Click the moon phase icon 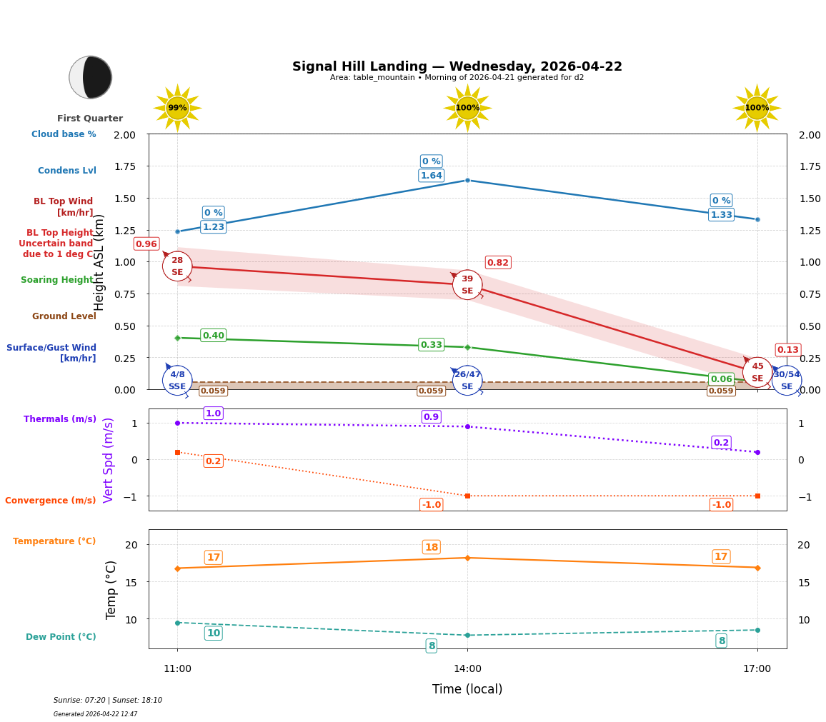click(x=91, y=77)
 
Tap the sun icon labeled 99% click(x=177, y=108)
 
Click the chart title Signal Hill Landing click(x=457, y=66)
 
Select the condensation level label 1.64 click(x=431, y=176)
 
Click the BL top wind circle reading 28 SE click(x=177, y=266)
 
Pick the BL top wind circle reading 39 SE click(x=467, y=285)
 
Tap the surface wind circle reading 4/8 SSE click(x=177, y=381)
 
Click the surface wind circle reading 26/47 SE click(x=467, y=381)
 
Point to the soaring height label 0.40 click(x=213, y=336)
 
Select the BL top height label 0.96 click(x=146, y=244)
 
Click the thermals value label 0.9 click(x=431, y=417)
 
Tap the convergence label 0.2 click(x=213, y=461)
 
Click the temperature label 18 click(x=431, y=548)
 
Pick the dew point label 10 click(x=213, y=633)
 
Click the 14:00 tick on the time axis click(x=467, y=669)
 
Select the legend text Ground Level click(x=64, y=316)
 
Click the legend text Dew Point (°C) click(x=61, y=637)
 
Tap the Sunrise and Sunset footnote click(x=108, y=701)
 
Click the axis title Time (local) click(x=467, y=690)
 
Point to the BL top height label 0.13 click(x=787, y=350)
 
